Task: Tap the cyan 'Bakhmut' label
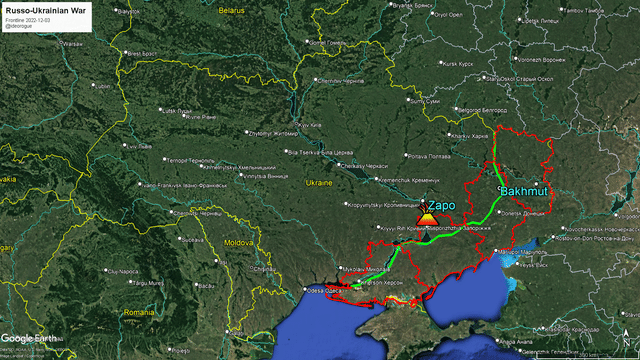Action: (x=523, y=190)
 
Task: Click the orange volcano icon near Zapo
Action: (x=427, y=216)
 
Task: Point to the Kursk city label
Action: (x=460, y=64)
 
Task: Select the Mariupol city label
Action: (x=516, y=250)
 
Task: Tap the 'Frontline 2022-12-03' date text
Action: (x=29, y=18)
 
